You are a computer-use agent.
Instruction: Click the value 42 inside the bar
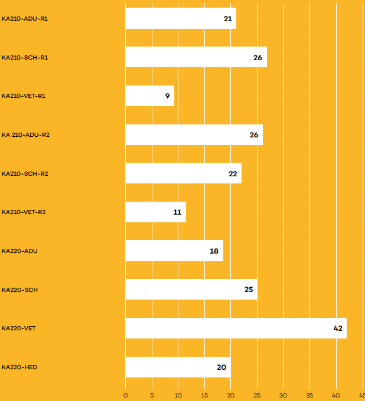tap(338, 328)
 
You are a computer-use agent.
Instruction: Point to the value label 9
tap(167, 96)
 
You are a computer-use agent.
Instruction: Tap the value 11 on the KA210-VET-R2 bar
tap(177, 212)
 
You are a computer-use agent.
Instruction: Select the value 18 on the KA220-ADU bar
tap(214, 251)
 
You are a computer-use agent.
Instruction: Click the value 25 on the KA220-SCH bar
tap(249, 290)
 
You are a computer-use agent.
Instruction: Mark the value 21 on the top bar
tap(228, 18)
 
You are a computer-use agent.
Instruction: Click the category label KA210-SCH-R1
tap(25, 58)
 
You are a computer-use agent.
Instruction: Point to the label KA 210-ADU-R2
tap(25, 135)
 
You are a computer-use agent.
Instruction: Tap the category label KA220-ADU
tap(19, 251)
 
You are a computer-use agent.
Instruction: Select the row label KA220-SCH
tap(19, 290)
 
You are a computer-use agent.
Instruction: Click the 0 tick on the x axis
tap(125, 395)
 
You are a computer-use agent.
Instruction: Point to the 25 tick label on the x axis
tap(257, 395)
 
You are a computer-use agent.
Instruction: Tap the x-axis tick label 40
tap(336, 395)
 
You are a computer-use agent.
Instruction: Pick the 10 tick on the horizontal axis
tap(178, 395)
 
